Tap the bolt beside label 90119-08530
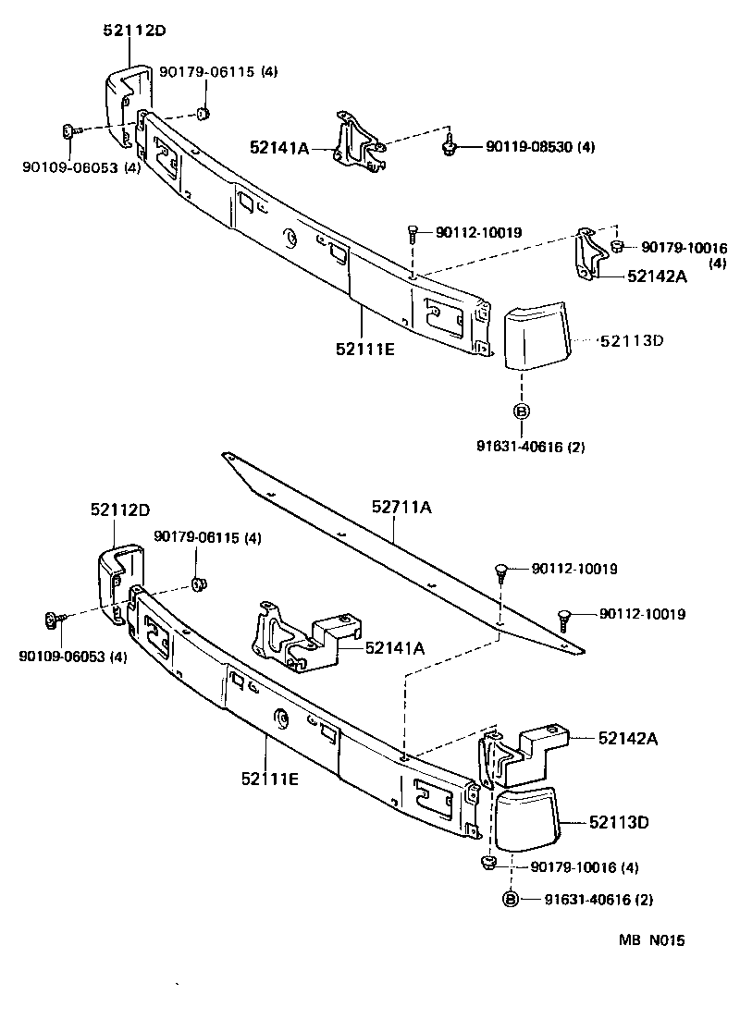(450, 144)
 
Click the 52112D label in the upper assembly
(133, 31)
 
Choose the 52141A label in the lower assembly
(395, 648)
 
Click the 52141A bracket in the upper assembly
(356, 141)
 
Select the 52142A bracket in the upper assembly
(587, 252)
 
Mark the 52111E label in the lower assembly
(267, 779)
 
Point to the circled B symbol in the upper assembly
(521, 411)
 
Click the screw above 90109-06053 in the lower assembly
(53, 620)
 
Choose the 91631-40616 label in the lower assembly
(600, 899)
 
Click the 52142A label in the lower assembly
(627, 738)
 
